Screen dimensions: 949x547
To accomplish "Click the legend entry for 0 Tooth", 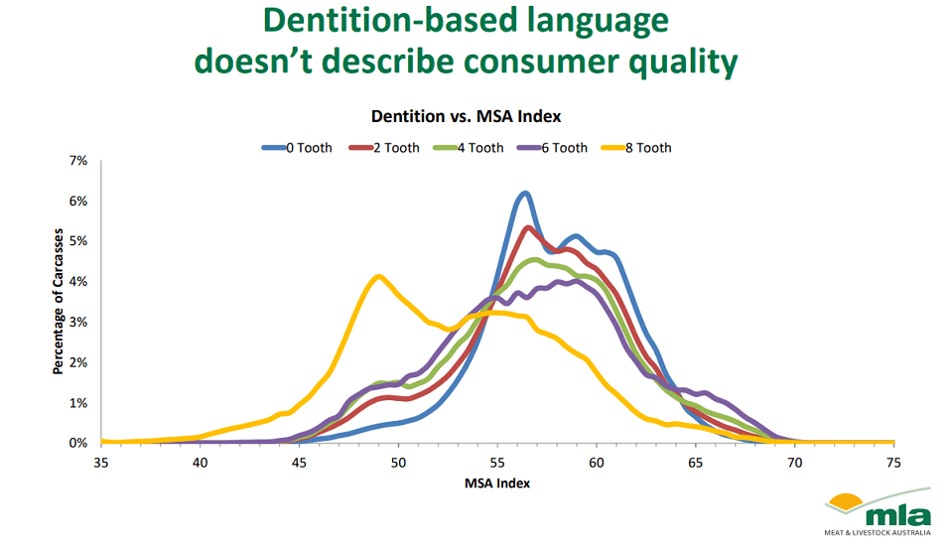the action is click(297, 148).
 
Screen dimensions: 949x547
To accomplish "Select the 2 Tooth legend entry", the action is click(384, 148).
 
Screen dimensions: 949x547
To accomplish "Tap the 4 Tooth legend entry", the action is click(469, 148).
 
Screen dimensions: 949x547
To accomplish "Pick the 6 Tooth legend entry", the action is click(552, 148).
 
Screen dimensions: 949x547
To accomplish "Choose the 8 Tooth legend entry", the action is click(636, 148).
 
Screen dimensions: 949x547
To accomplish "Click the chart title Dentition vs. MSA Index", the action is click(466, 116).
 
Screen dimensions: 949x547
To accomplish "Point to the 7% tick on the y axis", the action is click(78, 161).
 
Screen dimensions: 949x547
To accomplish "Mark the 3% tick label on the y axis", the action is click(78, 322).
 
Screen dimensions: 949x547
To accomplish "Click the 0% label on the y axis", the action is click(78, 443).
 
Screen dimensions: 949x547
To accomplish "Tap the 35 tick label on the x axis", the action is click(101, 463).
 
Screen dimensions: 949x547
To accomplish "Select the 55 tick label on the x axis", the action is click(497, 463).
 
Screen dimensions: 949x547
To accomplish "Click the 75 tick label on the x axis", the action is click(893, 463).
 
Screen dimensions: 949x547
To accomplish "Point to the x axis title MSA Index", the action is click(497, 483).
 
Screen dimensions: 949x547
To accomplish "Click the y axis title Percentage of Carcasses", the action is click(59, 302).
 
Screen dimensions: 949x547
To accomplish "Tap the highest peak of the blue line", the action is click(525, 194).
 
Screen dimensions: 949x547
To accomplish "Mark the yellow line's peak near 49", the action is click(378, 277).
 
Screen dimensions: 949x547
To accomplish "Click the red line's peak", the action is click(528, 227).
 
